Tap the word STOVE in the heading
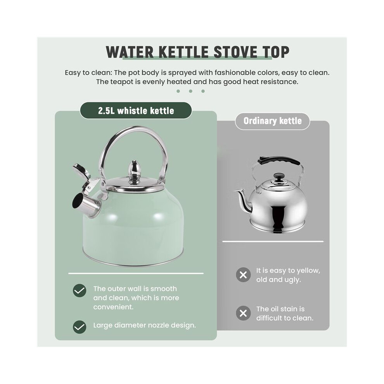click(x=235, y=52)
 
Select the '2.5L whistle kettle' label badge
click(x=136, y=111)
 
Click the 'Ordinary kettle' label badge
click(x=272, y=121)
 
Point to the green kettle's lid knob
click(x=134, y=171)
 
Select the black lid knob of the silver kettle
click(x=279, y=178)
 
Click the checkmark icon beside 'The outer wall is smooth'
click(x=80, y=291)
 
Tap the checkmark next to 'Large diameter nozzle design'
click(x=80, y=327)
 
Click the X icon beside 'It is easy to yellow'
click(x=243, y=275)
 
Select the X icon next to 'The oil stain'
click(x=243, y=313)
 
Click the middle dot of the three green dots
click(x=190, y=91)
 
